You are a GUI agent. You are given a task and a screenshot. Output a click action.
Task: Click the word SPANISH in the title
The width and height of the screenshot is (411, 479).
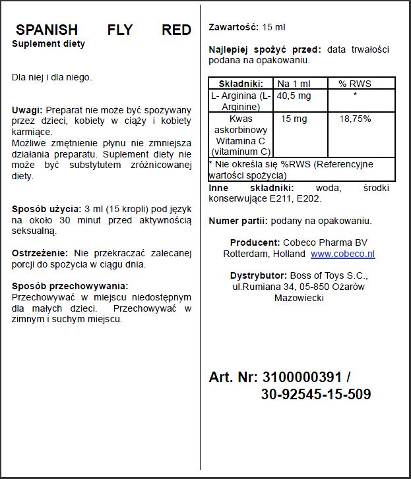46,30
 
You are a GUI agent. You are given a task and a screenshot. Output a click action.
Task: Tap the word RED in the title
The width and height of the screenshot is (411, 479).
176,30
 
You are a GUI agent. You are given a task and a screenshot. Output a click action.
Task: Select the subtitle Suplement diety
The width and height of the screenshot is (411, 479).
48,44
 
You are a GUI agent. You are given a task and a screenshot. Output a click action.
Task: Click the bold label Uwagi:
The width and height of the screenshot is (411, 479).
27,109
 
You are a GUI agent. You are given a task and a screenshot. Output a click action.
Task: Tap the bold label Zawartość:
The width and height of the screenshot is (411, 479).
234,27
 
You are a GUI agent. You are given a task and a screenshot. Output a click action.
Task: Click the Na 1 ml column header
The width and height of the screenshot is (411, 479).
292,84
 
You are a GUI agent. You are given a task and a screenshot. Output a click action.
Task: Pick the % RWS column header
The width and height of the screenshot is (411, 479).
355,84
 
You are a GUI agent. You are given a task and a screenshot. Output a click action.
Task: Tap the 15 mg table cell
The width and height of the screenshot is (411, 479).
294,119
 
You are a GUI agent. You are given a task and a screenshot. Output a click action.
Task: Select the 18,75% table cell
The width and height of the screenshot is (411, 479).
355,119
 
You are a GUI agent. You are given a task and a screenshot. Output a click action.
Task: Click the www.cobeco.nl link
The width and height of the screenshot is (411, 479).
342,254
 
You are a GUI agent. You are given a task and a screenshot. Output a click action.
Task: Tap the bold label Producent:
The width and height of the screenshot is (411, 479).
255,242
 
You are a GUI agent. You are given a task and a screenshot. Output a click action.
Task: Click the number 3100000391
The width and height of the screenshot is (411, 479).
302,377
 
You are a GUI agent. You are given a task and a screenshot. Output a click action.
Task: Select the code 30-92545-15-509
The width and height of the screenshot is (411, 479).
315,395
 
